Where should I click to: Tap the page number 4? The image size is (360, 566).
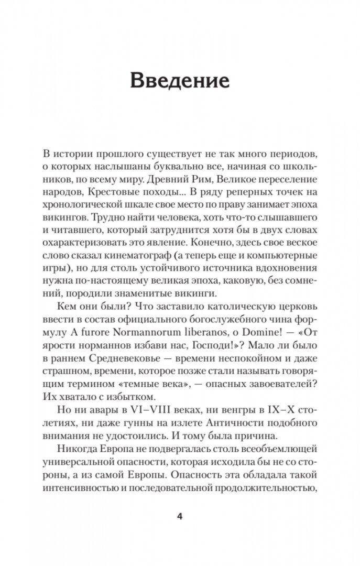tap(180, 516)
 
